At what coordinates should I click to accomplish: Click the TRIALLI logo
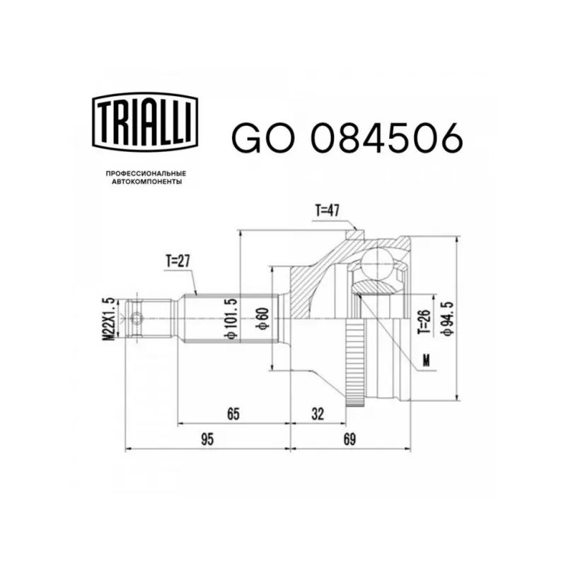pos(145,121)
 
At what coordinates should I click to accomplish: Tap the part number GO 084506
pos(347,137)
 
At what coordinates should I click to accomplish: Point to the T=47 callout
pos(328,210)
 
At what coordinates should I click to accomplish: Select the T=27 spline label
pos(178,261)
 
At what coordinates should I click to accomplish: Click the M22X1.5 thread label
pos(108,319)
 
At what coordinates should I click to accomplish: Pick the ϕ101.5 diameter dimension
pos(231,319)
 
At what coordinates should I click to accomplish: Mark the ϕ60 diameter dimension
pos(262,318)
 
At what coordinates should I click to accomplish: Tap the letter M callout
pos(427,360)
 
